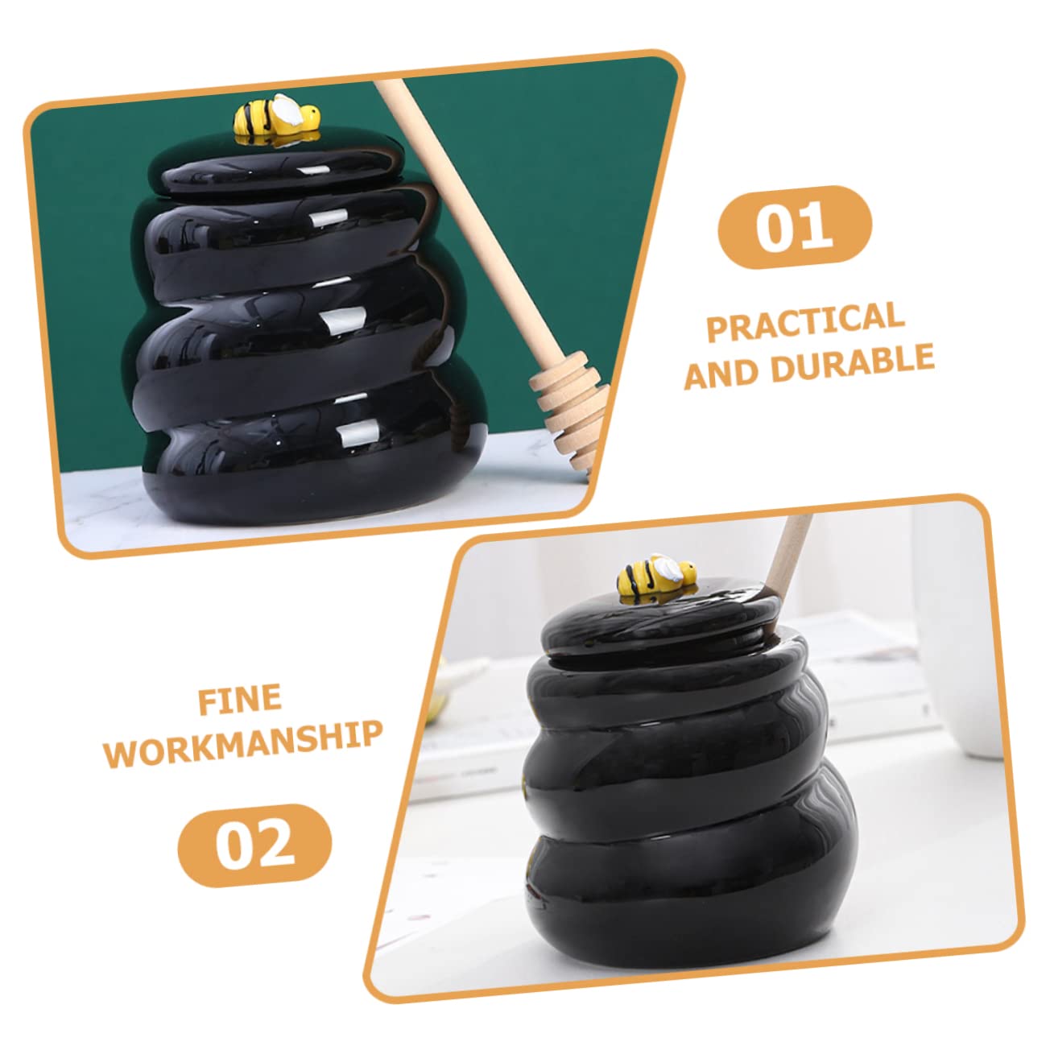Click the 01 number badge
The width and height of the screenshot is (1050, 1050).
pos(794,226)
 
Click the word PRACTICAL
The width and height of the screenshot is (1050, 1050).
pos(805,320)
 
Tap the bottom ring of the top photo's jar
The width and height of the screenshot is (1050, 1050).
pos(306,475)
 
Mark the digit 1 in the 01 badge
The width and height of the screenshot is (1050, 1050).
pos(815,226)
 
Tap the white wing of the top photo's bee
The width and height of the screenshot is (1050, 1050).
pos(287,109)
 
